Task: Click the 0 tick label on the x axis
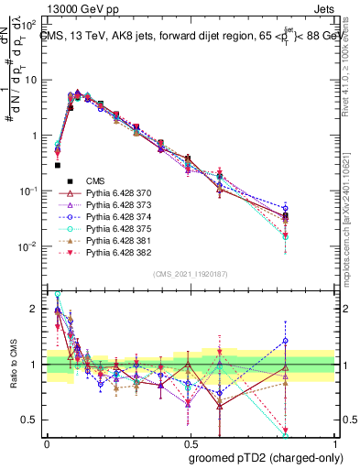[47, 443]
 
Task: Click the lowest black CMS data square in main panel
[58, 166]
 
